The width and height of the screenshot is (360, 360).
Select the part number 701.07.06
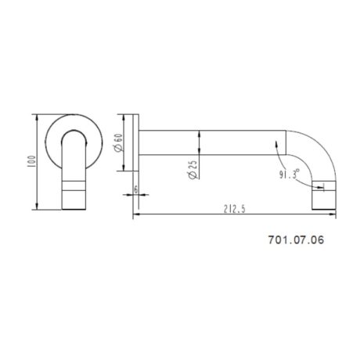tap(296, 243)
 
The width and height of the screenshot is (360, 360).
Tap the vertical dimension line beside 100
tap(37, 180)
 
